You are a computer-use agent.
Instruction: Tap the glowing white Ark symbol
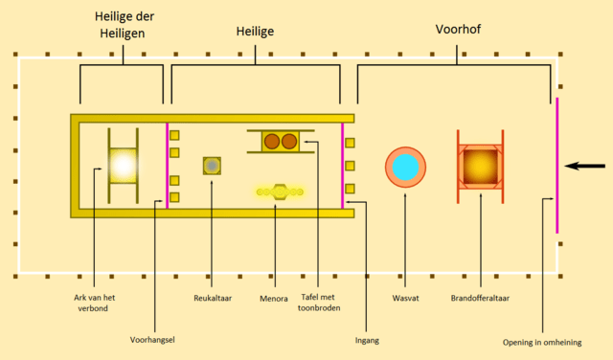click(x=123, y=166)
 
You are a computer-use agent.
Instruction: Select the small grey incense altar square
click(x=212, y=166)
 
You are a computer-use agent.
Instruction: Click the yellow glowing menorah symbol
click(x=279, y=191)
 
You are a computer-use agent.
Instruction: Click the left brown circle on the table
click(x=271, y=142)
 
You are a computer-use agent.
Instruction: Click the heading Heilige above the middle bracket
click(x=255, y=32)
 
